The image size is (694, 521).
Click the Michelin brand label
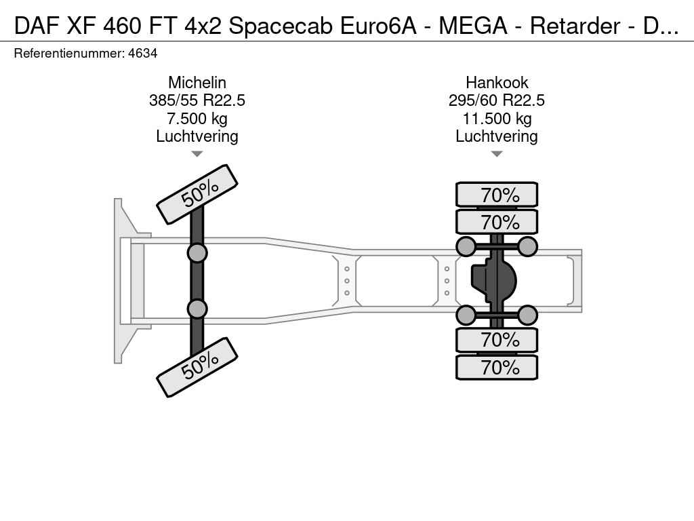[x=197, y=82]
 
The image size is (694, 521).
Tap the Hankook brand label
[x=497, y=82]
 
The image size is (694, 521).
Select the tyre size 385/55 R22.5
[x=197, y=100]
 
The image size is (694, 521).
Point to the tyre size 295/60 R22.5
[x=497, y=100]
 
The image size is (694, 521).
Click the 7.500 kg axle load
[x=197, y=119]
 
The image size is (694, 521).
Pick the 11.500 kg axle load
[x=497, y=119]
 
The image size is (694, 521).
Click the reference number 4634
[x=142, y=54]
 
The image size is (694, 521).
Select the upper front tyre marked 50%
[x=197, y=194]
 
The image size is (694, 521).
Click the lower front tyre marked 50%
[x=197, y=367]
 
